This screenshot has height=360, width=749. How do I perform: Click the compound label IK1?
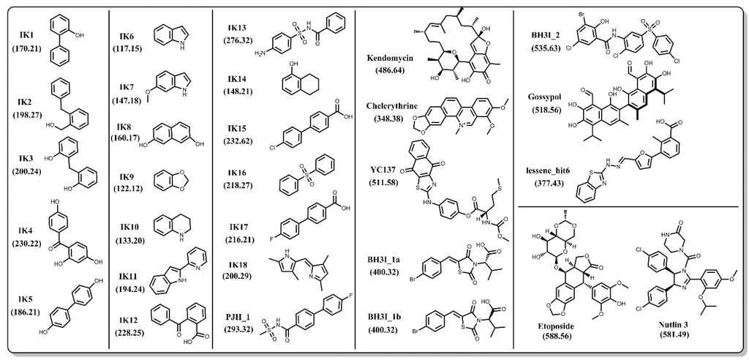click(x=30, y=34)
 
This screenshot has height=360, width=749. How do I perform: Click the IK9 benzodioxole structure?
click(x=168, y=179)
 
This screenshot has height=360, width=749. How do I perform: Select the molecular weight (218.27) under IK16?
click(x=238, y=187)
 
